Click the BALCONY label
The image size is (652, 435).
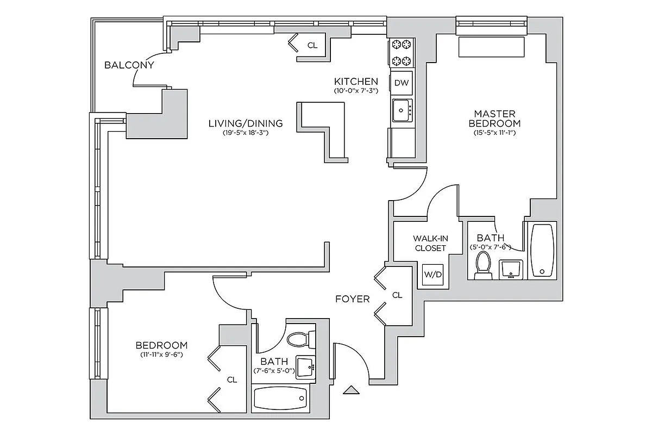coord(129,65)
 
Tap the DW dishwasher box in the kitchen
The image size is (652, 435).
coord(401,83)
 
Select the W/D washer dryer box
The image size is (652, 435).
coord(432,275)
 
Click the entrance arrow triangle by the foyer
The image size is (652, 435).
coord(352,389)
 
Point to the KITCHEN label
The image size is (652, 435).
coord(356,82)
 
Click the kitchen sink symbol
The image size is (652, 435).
coord(402,110)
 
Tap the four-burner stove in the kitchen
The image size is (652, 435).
coord(401,53)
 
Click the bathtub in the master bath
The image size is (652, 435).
coord(542,250)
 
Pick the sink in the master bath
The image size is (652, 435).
coord(510,269)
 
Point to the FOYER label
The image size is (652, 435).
coord(352,299)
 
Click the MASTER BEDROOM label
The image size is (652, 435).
coord(494,119)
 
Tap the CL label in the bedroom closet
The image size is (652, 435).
coord(232,380)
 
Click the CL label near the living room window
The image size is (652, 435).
coord(312,45)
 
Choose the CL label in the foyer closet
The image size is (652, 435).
coord(397,295)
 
